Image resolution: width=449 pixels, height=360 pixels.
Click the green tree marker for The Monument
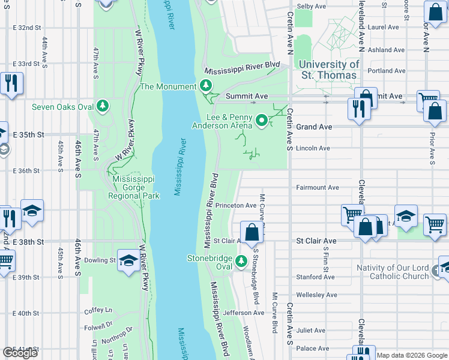[x=206, y=86]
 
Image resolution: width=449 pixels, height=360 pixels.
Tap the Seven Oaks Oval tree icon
[x=103, y=106]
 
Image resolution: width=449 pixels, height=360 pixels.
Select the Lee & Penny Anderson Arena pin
[x=262, y=121]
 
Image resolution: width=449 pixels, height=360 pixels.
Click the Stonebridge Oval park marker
[x=241, y=260]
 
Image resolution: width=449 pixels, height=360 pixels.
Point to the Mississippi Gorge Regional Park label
[x=133, y=188]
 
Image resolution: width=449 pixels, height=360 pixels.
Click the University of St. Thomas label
[x=328, y=70]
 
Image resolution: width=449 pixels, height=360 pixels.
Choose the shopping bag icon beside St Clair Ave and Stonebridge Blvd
[x=252, y=232]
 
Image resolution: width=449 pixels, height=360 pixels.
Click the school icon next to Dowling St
[x=128, y=260]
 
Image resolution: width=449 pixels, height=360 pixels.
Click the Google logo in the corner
[x=20, y=353]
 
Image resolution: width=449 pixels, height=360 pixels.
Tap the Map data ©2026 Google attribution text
[x=412, y=355]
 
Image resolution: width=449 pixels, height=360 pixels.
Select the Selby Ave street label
[x=311, y=6]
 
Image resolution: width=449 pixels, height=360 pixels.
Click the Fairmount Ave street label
[x=318, y=187]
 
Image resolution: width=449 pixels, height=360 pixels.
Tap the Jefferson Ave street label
[x=243, y=313]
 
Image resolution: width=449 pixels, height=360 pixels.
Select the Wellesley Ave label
[x=318, y=295]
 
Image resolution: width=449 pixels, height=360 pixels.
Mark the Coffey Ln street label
[x=98, y=310]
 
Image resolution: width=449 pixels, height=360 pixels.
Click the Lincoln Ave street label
[x=313, y=148]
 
